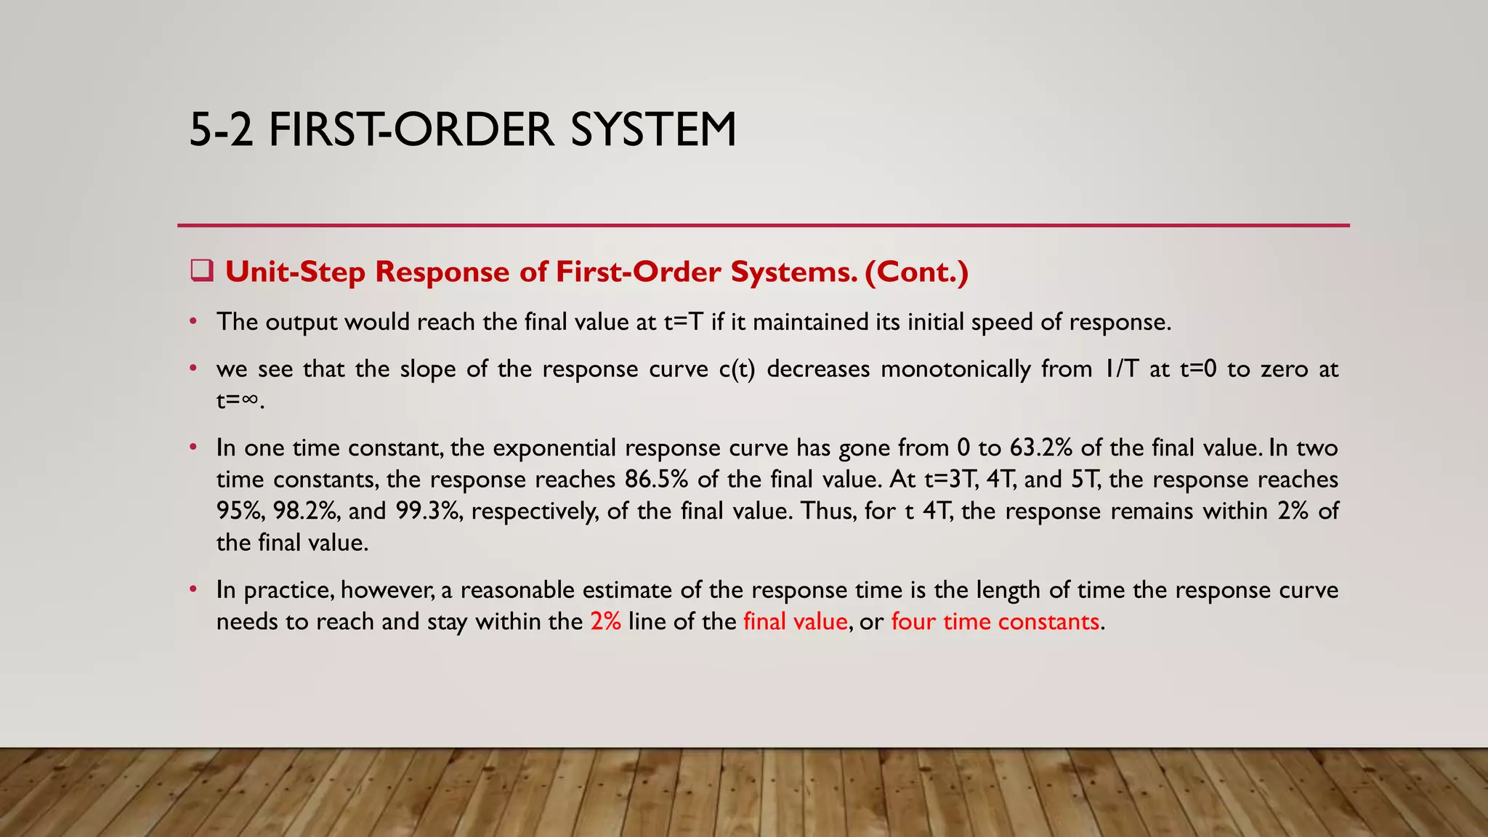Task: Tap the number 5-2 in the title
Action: coord(221,130)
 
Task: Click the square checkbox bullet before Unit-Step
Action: coord(201,271)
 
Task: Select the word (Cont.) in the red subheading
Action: coord(917,272)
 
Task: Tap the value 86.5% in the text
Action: coord(656,480)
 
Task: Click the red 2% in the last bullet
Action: coord(605,622)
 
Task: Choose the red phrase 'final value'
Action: coord(796,622)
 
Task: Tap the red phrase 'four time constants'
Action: coord(995,622)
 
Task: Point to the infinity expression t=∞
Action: coord(238,400)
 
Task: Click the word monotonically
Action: coord(955,369)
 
